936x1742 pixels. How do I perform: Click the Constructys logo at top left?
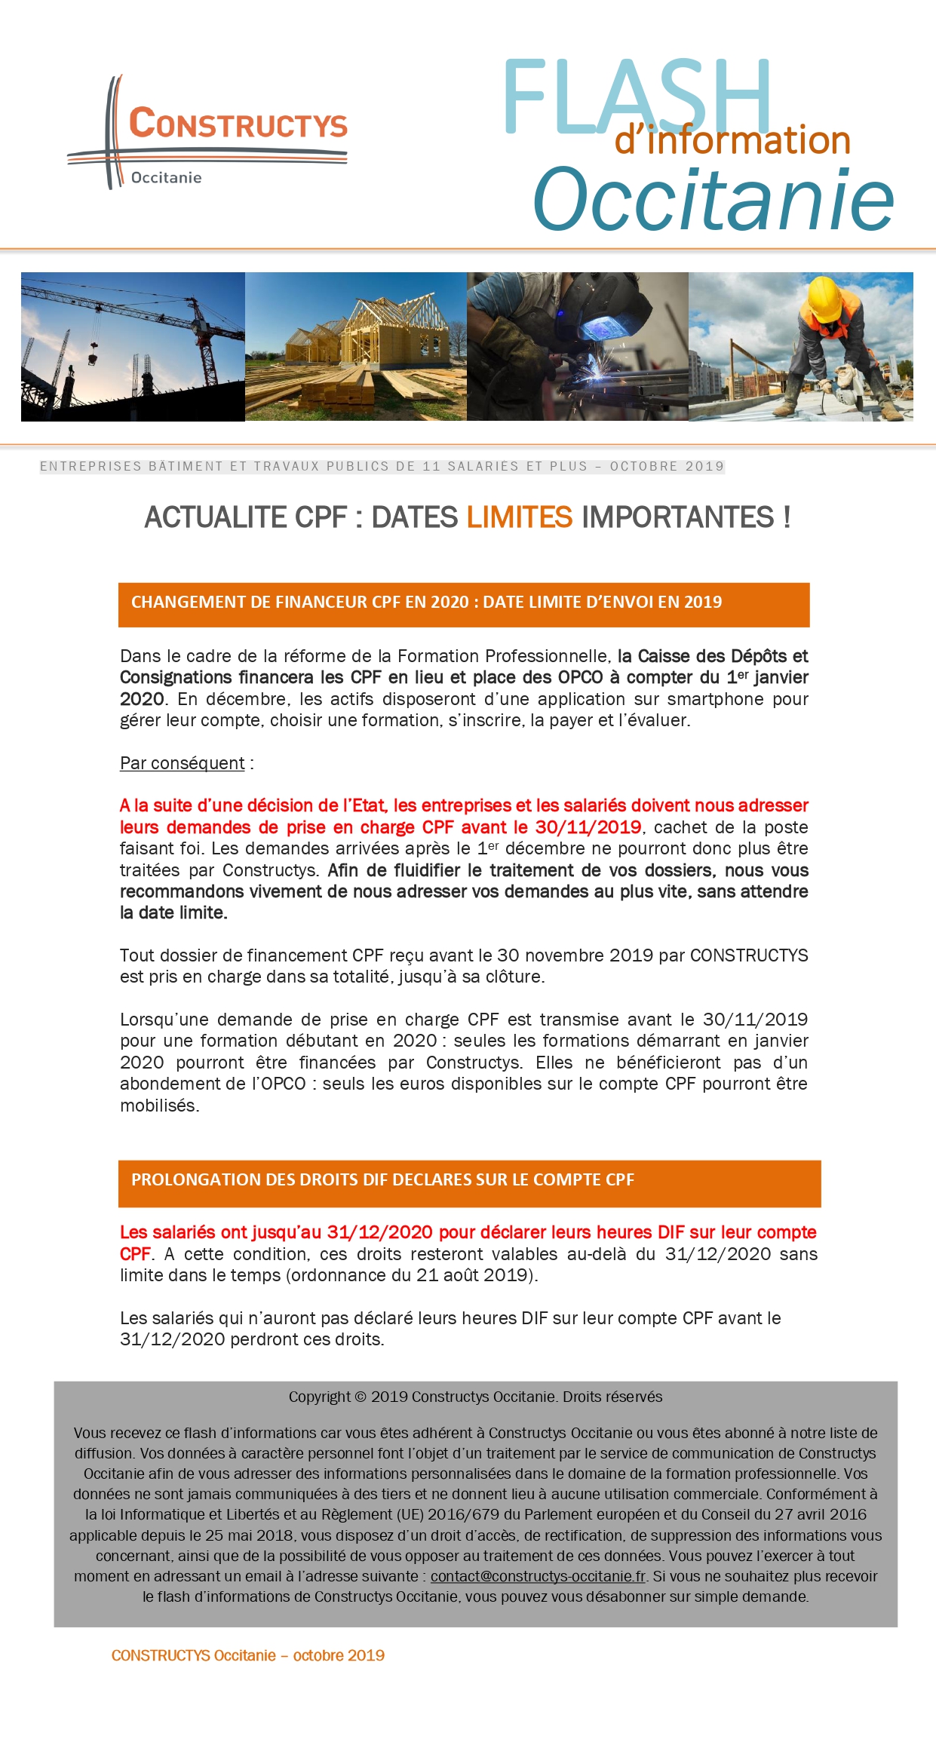tap(207, 132)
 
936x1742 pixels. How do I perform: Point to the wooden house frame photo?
tap(355, 346)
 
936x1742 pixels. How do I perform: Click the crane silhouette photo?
tap(133, 346)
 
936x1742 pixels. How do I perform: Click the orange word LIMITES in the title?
tap(520, 518)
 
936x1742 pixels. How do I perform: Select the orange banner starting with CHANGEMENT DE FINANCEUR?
tap(463, 604)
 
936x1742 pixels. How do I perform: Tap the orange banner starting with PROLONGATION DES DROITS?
tap(468, 1182)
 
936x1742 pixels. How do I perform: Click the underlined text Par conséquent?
tap(182, 763)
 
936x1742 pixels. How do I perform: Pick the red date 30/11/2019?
tap(588, 827)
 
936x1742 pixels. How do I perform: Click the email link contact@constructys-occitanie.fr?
tap(538, 1576)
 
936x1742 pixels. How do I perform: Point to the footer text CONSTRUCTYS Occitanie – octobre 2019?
tap(247, 1655)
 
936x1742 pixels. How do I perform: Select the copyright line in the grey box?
tap(475, 1397)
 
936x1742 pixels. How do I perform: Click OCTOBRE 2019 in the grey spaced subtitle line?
tap(667, 467)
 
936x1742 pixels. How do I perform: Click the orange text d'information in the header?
tap(732, 141)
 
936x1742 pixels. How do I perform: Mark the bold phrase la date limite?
tap(173, 913)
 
